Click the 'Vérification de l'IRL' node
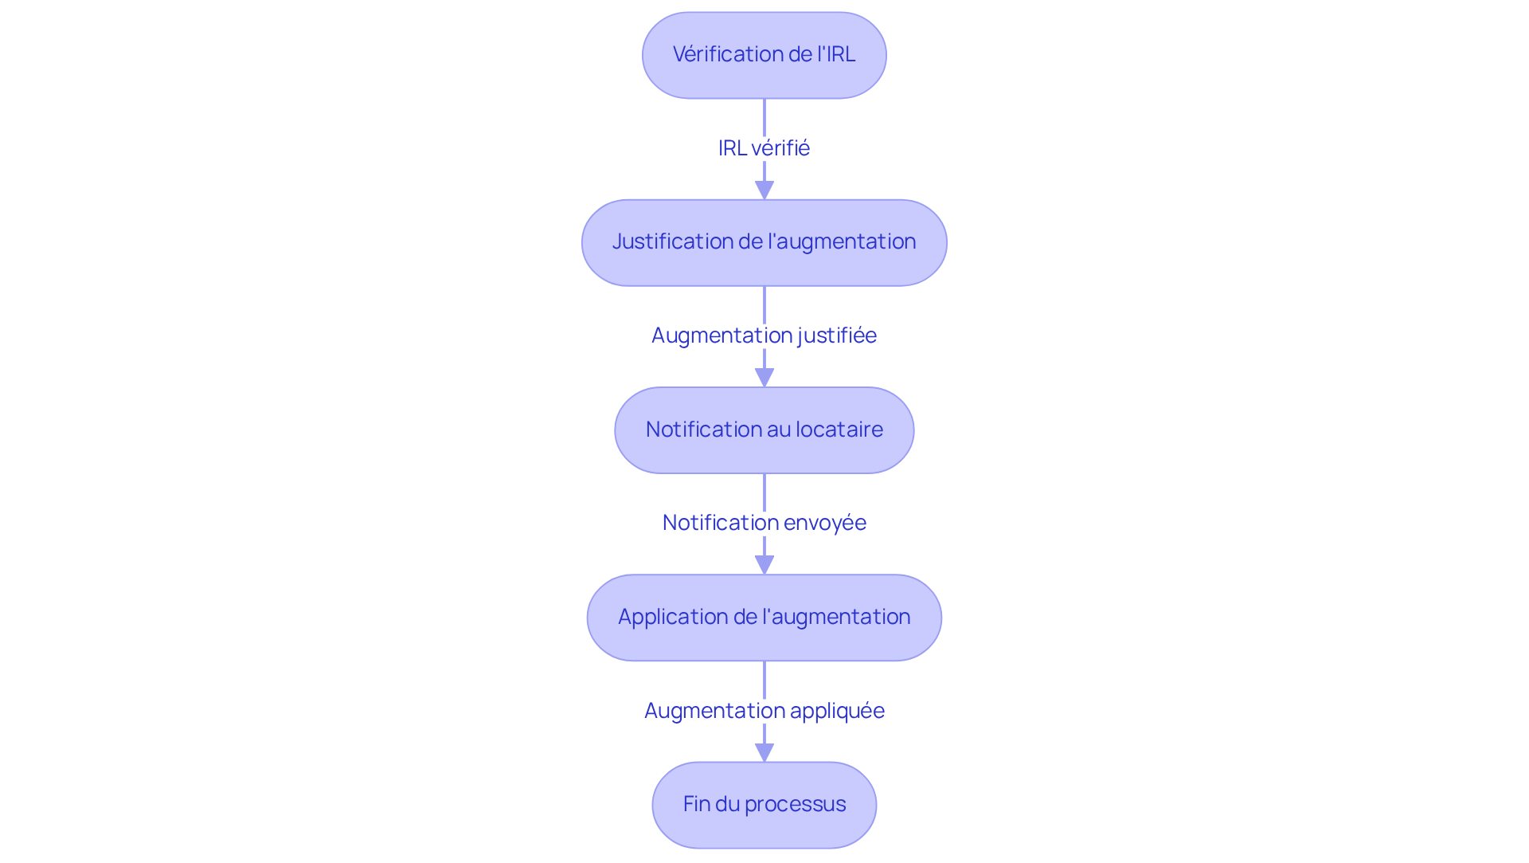point(764,55)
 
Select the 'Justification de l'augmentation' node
point(764,242)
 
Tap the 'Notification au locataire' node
point(764,430)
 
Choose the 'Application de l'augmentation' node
point(764,618)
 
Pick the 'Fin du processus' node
point(764,805)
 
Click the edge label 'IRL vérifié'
point(764,148)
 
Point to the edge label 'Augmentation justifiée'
point(764,335)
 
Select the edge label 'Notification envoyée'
point(764,523)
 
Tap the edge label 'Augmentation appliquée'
point(764,710)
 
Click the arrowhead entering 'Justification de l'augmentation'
point(764,190)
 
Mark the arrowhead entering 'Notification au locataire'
point(764,378)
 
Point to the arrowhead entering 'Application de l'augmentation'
point(764,565)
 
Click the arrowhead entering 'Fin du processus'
point(764,752)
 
